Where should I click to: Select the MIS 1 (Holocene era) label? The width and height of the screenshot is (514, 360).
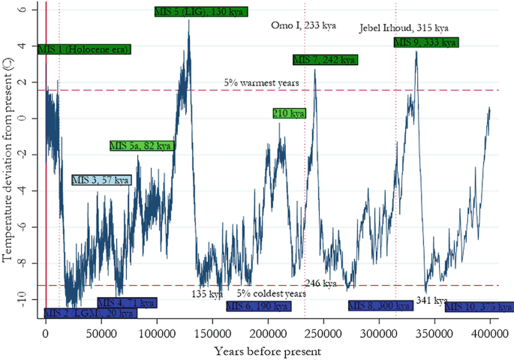point(84,49)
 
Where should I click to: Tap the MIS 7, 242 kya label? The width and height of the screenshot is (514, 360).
point(325,60)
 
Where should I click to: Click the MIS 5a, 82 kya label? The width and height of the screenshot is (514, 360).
point(142,145)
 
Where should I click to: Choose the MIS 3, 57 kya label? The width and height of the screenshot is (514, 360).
point(101,180)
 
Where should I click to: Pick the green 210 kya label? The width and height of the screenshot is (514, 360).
point(289,113)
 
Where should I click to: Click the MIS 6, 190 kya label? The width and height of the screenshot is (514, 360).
point(257,306)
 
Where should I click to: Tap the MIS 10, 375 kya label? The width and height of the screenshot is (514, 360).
point(479,307)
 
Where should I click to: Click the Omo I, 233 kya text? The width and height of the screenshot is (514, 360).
point(303,25)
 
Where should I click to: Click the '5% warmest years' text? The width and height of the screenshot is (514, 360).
point(262,82)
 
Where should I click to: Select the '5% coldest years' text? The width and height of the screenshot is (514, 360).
point(272,294)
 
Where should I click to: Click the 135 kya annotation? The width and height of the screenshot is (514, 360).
point(209,294)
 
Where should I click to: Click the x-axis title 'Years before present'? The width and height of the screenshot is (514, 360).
point(268,350)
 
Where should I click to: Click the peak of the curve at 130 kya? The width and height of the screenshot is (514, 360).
point(189,20)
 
